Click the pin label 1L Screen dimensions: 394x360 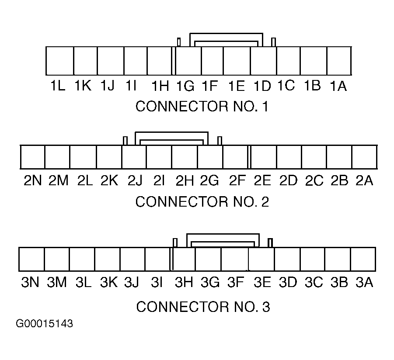[58, 86]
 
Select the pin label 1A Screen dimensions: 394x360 [338, 86]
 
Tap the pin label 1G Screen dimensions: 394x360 [185, 86]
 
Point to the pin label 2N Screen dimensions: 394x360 [33, 180]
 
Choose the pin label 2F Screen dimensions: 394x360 [237, 180]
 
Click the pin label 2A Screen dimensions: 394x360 [364, 180]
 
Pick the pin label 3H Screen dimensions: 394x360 [184, 282]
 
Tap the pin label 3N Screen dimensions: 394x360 [30, 282]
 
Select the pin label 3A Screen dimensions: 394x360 [364, 282]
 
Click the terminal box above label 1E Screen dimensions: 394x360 [237, 61]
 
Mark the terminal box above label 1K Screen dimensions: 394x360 [85, 61]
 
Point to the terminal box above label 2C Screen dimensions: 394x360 [314, 157]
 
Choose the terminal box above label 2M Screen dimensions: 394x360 [57, 157]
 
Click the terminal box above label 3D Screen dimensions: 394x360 [287, 259]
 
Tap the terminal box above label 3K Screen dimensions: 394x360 [107, 259]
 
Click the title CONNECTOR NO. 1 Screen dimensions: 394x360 [202, 107]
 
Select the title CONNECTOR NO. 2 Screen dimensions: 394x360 [202, 201]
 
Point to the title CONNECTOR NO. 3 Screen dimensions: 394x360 [203, 307]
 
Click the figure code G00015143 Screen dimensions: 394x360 [44, 324]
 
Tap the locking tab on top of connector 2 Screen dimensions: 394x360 [171, 132]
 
